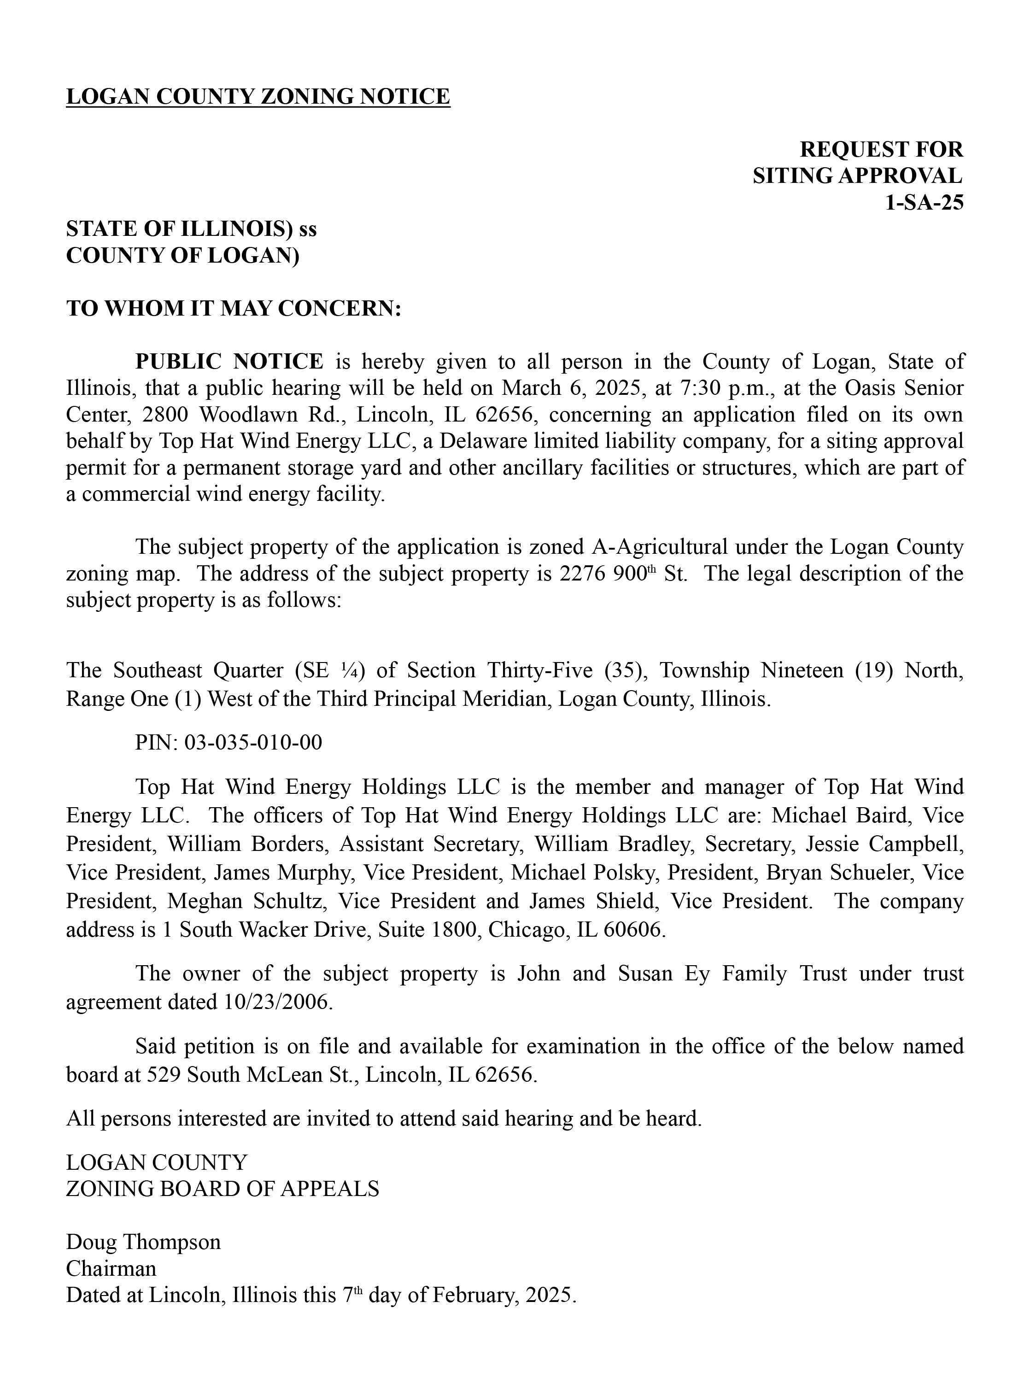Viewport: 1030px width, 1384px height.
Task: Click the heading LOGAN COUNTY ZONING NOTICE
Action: tap(257, 97)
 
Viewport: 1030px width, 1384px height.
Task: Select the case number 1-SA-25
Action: tap(924, 203)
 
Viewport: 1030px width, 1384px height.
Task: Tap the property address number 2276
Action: tap(582, 574)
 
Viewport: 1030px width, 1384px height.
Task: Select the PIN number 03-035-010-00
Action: tap(253, 743)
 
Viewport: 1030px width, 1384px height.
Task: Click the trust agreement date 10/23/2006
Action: tap(275, 1002)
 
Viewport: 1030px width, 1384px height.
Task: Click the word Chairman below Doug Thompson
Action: tap(111, 1269)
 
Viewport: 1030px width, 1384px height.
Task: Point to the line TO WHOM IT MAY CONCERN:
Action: tap(233, 309)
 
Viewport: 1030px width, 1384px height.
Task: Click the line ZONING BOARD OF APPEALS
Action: tap(222, 1189)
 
